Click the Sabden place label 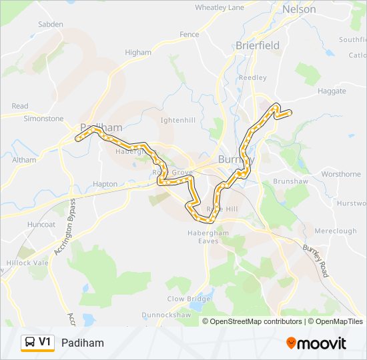(x=51, y=24)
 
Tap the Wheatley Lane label (x=220, y=7)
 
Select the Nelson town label (x=298, y=9)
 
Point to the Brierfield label (x=258, y=45)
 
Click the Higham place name (x=138, y=52)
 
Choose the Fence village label (x=190, y=34)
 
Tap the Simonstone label (x=43, y=119)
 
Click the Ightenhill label (x=177, y=120)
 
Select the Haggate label (x=332, y=91)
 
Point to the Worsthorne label (x=340, y=174)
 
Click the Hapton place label (x=105, y=184)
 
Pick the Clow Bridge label (x=184, y=299)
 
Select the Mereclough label (x=335, y=231)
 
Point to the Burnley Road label (x=316, y=261)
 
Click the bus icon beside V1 (x=29, y=343)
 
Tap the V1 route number (x=45, y=343)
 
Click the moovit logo (x=316, y=343)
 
